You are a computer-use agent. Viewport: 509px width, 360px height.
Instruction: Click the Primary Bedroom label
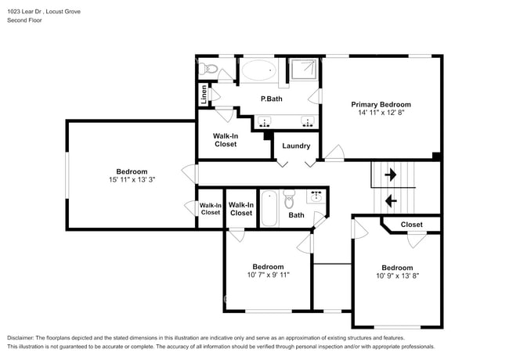pos(381,104)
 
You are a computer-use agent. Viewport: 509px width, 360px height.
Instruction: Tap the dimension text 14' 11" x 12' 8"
pos(381,113)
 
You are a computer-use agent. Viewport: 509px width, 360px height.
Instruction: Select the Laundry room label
pos(296,146)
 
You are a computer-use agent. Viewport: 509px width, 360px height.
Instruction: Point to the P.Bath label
pos(271,99)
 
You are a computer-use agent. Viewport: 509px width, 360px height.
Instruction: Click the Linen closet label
pos(204,95)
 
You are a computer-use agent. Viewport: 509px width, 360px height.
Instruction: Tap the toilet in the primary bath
pos(208,70)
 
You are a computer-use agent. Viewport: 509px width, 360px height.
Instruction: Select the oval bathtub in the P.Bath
pos(258,71)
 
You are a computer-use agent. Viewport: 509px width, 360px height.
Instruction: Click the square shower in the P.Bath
pos(301,72)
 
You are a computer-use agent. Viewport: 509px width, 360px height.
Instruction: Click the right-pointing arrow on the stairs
pos(390,175)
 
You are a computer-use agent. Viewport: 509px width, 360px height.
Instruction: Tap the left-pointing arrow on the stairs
pos(390,200)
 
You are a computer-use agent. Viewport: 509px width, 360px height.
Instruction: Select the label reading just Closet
pos(411,225)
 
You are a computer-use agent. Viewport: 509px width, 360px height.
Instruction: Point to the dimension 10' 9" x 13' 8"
pos(397,275)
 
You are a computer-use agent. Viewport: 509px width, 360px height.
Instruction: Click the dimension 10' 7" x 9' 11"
pos(268,275)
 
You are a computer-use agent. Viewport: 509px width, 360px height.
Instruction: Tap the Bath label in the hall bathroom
pos(296,214)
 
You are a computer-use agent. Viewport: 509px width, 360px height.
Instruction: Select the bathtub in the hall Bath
pos(269,208)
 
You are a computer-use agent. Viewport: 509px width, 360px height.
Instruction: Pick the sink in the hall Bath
pos(318,196)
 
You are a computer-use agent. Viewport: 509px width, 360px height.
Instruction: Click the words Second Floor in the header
pos(26,20)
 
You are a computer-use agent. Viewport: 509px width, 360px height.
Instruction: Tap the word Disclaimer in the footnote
pos(24,337)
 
